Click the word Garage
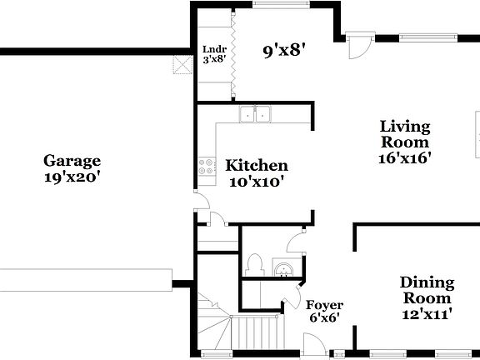[72, 161]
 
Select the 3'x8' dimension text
[212, 58]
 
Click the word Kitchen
[257, 166]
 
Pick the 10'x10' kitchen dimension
[257, 182]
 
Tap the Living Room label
[405, 134]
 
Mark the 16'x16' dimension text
[405, 157]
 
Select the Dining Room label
[426, 290]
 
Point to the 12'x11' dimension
[426, 314]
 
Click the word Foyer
[324, 305]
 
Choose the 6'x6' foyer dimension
[324, 318]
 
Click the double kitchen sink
[257, 114]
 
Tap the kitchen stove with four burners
[204, 167]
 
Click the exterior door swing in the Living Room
[356, 45]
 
